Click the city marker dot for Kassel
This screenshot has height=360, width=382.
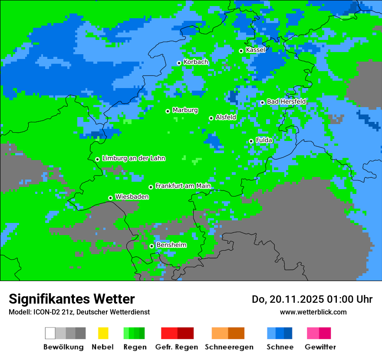(x=241, y=51)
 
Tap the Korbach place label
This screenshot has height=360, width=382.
(x=196, y=62)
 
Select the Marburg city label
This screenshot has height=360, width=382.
(x=185, y=110)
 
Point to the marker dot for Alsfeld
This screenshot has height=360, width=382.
(x=211, y=118)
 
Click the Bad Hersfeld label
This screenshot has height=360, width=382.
(x=286, y=101)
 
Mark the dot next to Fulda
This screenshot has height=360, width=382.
(x=251, y=141)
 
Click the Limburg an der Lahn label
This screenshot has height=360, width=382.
(x=133, y=158)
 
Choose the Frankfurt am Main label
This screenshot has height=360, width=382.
(x=183, y=186)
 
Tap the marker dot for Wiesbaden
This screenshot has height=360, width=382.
(x=110, y=198)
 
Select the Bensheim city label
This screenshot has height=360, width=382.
(x=171, y=245)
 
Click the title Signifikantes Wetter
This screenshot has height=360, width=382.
(x=72, y=299)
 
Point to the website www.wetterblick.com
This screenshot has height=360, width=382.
(x=313, y=312)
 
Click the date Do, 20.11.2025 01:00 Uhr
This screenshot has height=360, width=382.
(x=312, y=299)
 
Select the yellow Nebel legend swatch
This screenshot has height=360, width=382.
(x=103, y=333)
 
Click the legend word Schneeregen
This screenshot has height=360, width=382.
(x=229, y=347)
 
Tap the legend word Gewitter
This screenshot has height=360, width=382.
(x=320, y=347)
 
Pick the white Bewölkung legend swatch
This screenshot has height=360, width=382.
(x=50, y=333)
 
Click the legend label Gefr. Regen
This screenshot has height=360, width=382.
(x=177, y=347)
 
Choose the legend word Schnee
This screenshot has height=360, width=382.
(x=280, y=347)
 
